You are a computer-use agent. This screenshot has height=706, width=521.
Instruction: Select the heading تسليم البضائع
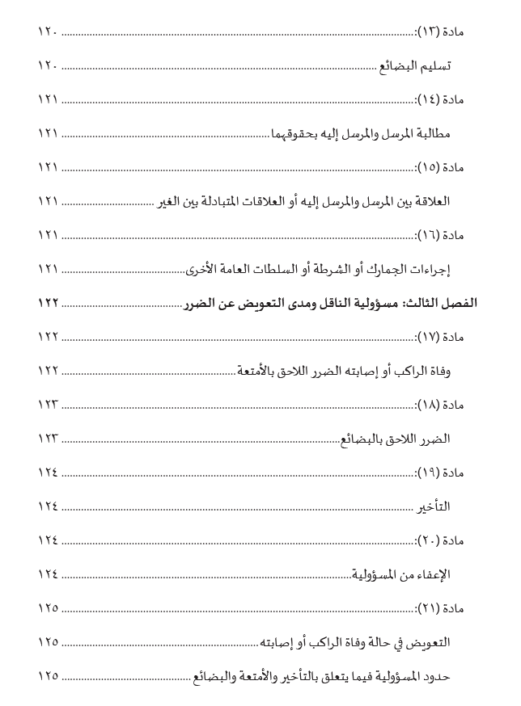coord(416,65)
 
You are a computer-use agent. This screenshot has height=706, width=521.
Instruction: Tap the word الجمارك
coord(392,268)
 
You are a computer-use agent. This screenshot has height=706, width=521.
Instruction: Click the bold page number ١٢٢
coord(49,302)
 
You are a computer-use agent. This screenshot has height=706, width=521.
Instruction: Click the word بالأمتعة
coord(257,370)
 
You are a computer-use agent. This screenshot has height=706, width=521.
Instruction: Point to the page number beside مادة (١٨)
coord(49,404)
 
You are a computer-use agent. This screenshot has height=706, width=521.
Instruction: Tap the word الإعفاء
coord(432,574)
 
